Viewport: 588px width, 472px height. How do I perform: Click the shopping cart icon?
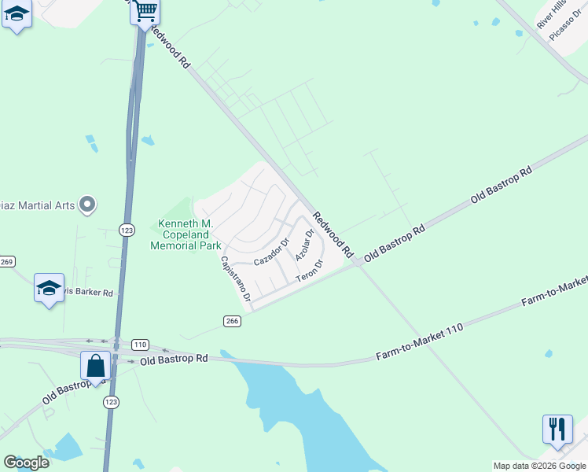pyautogui.click(x=145, y=12)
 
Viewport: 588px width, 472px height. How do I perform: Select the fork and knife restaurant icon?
pyautogui.click(x=557, y=430)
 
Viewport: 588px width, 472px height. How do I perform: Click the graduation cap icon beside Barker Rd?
pyautogui.click(x=49, y=288)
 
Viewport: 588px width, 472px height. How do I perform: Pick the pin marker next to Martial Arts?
pyautogui.click(x=88, y=205)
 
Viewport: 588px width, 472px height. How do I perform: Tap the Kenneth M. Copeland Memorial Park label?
pyautogui.click(x=186, y=235)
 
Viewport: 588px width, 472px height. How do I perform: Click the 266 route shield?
pyautogui.click(x=231, y=320)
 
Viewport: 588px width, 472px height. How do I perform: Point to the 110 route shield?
pyautogui.click(x=140, y=345)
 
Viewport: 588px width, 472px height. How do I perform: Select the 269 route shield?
pyautogui.click(x=6, y=262)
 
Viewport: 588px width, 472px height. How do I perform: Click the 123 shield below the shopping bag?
pyautogui.click(x=111, y=401)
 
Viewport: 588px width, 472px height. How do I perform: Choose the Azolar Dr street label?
pyautogui.click(x=304, y=245)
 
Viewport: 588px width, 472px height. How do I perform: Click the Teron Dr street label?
pyautogui.click(x=310, y=272)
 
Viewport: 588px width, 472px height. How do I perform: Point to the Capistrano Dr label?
pyautogui.click(x=235, y=280)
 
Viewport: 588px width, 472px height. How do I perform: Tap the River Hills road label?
pyautogui.click(x=551, y=15)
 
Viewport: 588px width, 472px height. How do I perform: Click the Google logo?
pyautogui.click(x=26, y=462)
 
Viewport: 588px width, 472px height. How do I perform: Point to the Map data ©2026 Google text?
pyautogui.click(x=539, y=466)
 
